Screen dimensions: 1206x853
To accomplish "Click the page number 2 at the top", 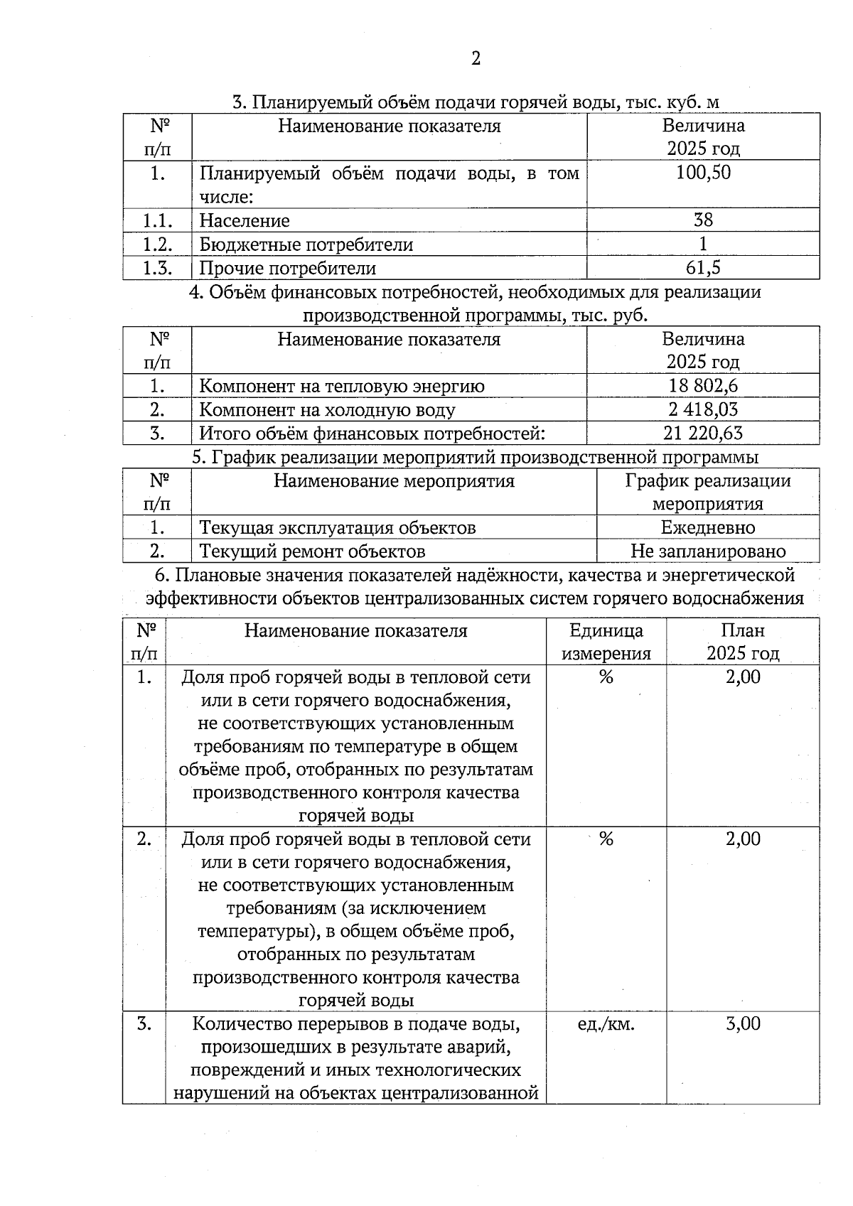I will click(476, 58).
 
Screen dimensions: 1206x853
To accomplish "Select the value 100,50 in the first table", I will click(703, 173).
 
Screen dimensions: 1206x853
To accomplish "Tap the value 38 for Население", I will click(703, 220).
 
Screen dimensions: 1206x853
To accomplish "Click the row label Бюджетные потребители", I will click(306, 244).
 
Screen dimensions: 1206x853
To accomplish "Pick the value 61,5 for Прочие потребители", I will click(703, 268).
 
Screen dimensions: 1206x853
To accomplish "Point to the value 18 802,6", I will click(703, 386).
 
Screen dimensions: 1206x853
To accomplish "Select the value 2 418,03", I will click(703, 409).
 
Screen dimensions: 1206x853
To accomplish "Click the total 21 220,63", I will click(703, 433).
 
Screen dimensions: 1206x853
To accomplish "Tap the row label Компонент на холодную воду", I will click(327, 409).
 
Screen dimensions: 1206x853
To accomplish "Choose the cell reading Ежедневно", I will click(708, 527).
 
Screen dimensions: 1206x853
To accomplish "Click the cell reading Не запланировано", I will click(708, 551).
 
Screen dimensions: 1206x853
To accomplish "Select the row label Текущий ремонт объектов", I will click(312, 551).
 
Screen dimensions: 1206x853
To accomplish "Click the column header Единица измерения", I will click(606, 642).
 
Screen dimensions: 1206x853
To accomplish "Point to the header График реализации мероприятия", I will click(708, 492).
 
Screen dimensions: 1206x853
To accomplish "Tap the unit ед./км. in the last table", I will click(606, 1024).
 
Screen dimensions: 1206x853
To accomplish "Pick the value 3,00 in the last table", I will click(743, 1024).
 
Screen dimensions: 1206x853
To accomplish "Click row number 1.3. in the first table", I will click(157, 268).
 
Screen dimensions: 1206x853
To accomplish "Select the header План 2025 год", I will click(743, 642).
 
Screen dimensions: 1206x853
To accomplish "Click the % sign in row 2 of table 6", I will click(606, 839).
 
